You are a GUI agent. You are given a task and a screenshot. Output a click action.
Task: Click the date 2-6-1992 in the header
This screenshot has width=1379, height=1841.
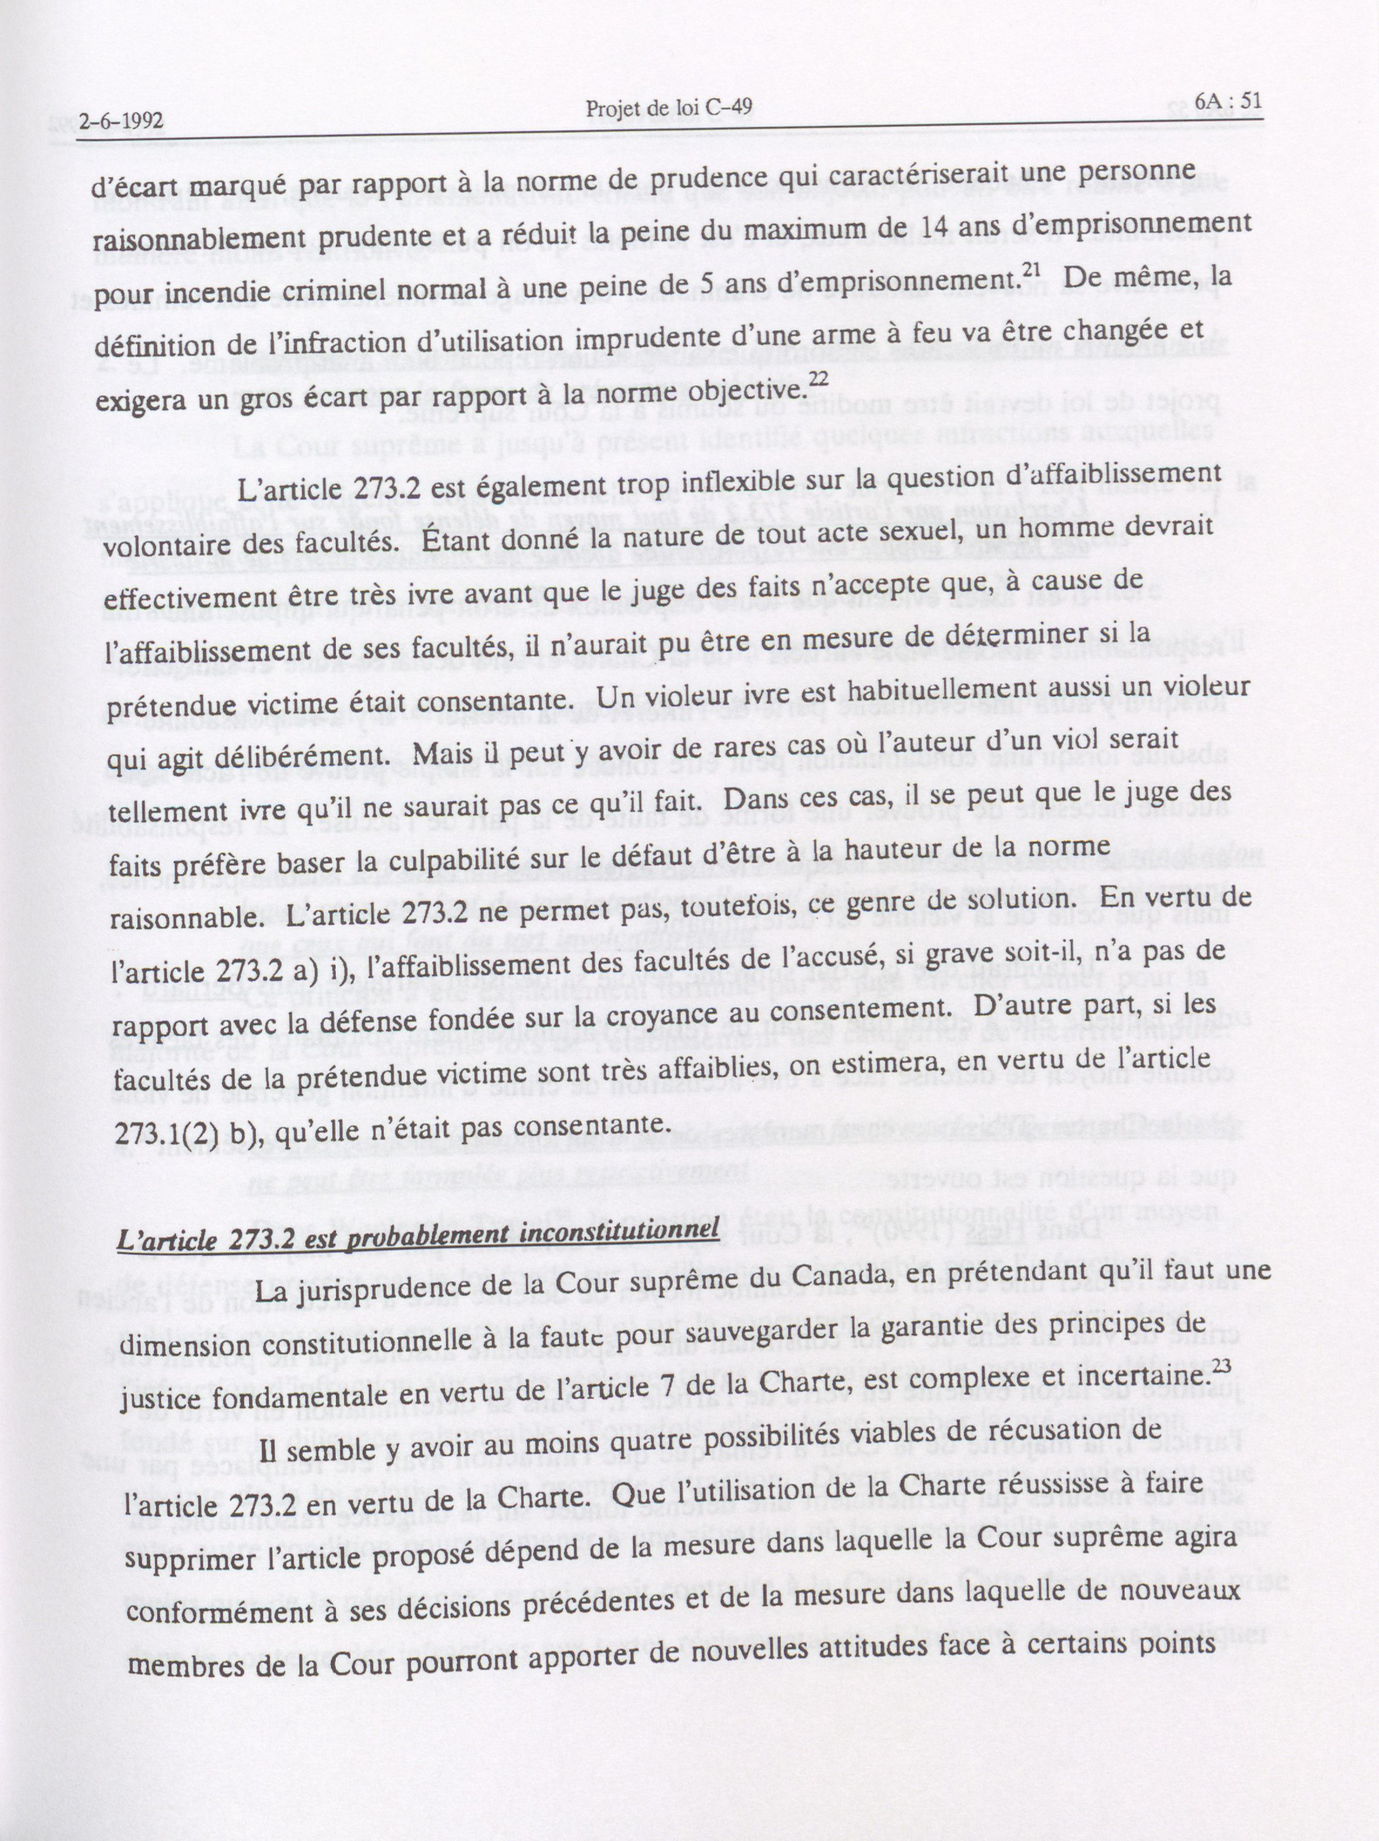[120, 121]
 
